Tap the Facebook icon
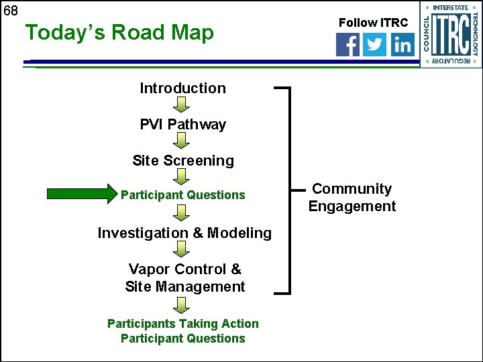click(347, 45)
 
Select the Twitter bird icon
click(375, 45)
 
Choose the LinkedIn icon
click(402, 45)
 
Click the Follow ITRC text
click(373, 23)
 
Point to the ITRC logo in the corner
click(451, 34)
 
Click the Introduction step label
click(182, 88)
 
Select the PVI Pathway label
click(182, 124)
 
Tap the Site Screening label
click(182, 160)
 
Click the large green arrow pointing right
click(81, 194)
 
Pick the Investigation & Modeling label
click(184, 233)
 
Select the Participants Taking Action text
click(182, 323)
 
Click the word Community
click(352, 189)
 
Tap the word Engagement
click(352, 206)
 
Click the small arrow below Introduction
click(182, 104)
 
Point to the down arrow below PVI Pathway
click(182, 140)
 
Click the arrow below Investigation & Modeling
click(182, 249)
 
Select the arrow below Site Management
click(182, 305)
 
